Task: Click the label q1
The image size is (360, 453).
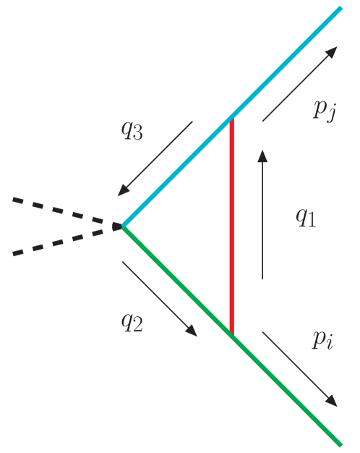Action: point(306,218)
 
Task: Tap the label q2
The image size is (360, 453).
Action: point(132,322)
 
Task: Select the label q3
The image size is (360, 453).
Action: point(132,132)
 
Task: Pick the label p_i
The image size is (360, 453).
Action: point(322,339)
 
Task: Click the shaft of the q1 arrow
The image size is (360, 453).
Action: point(262,217)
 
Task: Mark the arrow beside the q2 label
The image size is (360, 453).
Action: point(159,298)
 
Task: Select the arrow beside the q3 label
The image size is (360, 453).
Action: point(155,158)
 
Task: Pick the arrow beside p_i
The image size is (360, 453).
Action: point(299,368)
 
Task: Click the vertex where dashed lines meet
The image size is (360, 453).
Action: point(121,226)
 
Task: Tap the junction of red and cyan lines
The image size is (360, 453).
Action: point(231,119)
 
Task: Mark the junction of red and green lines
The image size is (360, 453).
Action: point(231,334)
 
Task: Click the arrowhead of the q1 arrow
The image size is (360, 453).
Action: point(262,156)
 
